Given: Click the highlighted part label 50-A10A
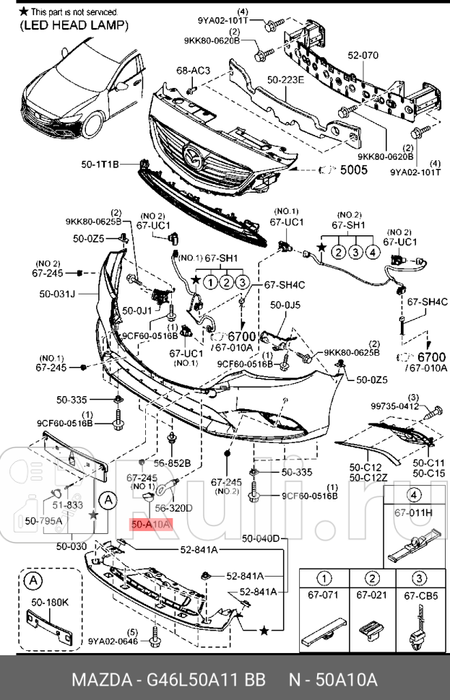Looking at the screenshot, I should [x=150, y=525].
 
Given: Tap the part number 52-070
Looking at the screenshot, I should [x=363, y=54].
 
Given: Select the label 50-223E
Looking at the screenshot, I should [x=285, y=80].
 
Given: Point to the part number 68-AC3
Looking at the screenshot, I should [x=193, y=70].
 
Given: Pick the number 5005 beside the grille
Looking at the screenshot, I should [x=354, y=170].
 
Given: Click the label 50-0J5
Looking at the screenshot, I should [x=285, y=305].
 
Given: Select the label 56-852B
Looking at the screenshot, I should [x=172, y=463].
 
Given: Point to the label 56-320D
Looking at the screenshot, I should [x=174, y=508].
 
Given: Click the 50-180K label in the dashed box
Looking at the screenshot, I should [x=49, y=600].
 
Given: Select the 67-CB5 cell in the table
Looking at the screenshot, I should [x=417, y=595].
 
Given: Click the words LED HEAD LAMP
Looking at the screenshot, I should [x=74, y=25].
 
